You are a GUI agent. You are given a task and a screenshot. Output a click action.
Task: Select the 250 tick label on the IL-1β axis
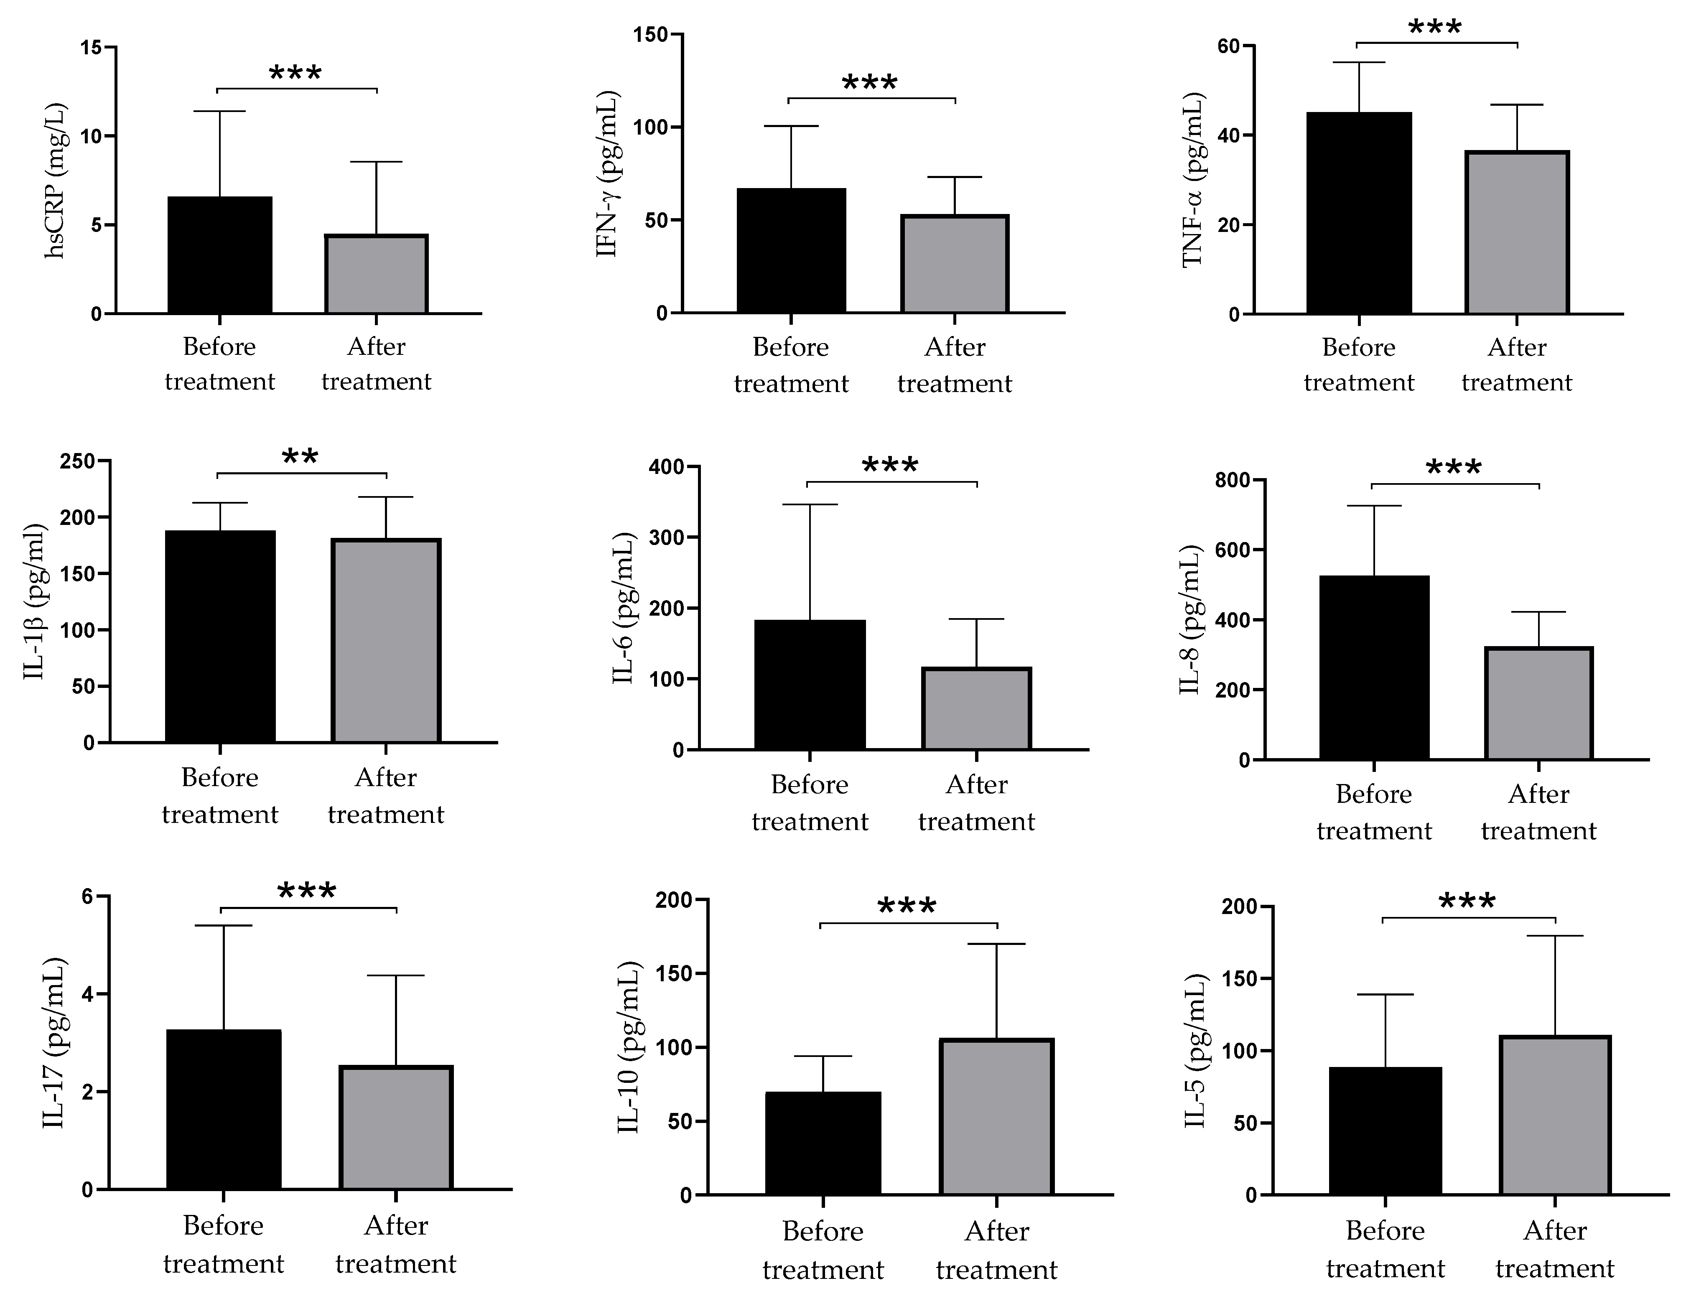(x=77, y=461)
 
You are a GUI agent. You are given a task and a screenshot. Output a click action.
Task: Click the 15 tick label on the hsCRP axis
(x=91, y=48)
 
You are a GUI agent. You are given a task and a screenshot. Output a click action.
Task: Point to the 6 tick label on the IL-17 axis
(x=87, y=896)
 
